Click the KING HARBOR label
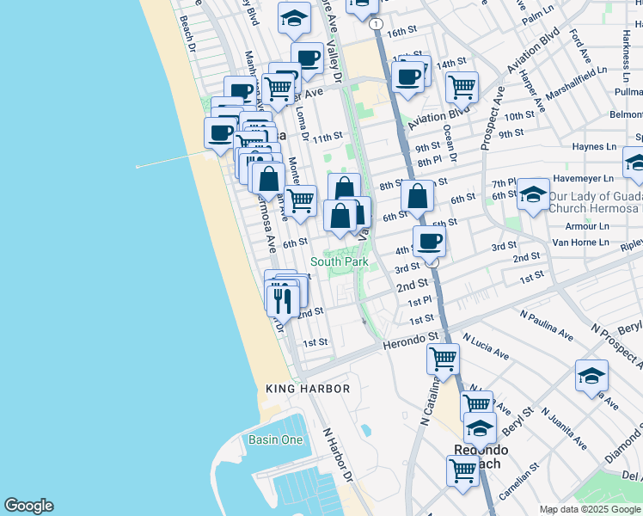(x=308, y=389)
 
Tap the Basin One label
(x=275, y=440)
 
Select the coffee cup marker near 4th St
(x=429, y=241)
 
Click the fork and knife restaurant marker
(x=282, y=298)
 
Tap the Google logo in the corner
(x=28, y=506)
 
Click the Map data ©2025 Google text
(x=589, y=509)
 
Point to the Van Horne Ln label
(x=587, y=242)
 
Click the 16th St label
(x=401, y=32)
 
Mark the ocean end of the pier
(x=138, y=166)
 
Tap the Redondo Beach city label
(x=481, y=457)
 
